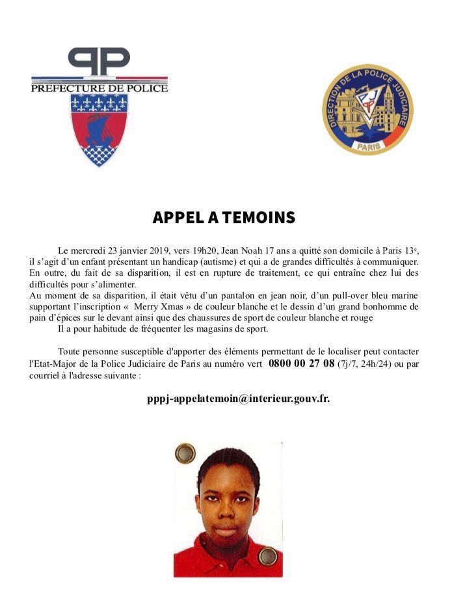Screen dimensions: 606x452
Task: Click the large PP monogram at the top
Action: (99, 62)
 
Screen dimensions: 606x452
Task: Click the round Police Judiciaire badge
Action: (367, 109)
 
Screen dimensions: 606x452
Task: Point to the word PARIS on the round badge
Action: (367, 146)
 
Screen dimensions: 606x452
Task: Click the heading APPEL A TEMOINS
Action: (224, 217)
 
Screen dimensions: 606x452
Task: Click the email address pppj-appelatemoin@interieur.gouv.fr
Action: (238, 398)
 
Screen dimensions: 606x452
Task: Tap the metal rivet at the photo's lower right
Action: (267, 556)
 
